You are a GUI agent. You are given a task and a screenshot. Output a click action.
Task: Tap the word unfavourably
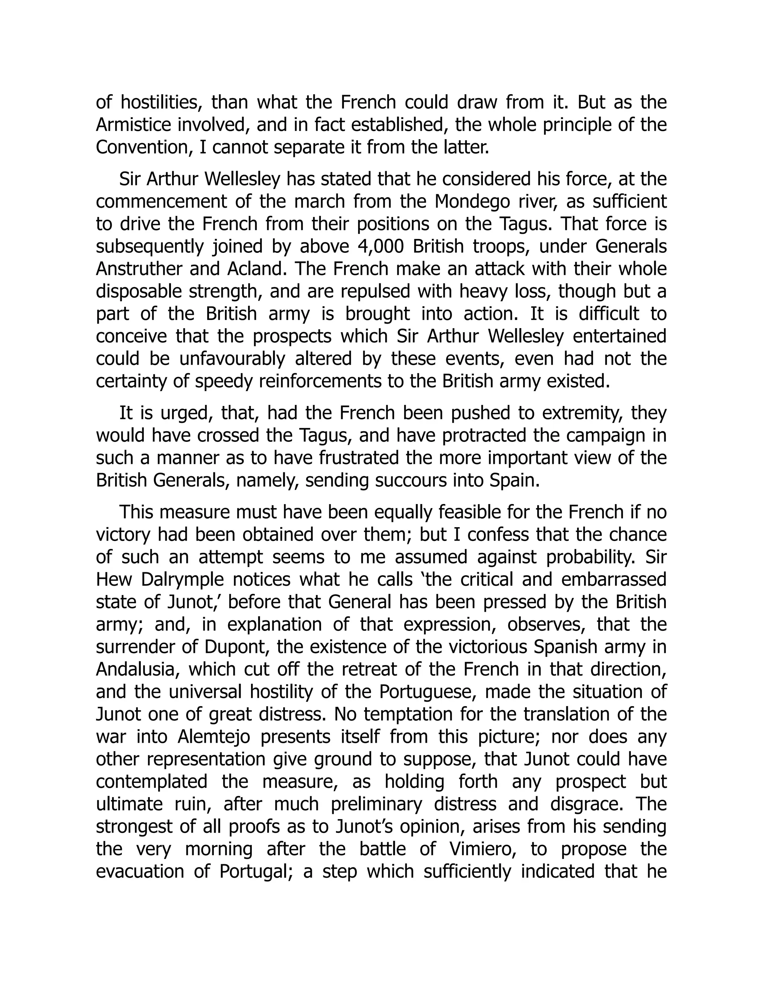pyautogui.click(x=232, y=359)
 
